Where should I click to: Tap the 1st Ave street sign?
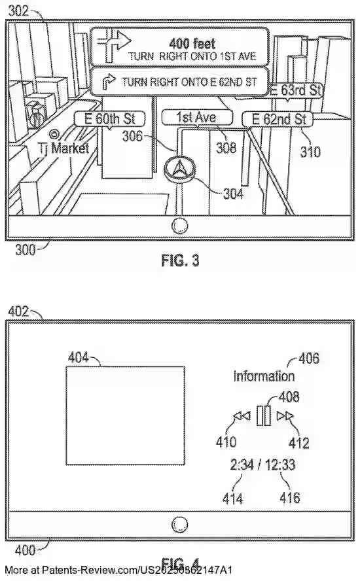pyautogui.click(x=196, y=118)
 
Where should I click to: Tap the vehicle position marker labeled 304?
pyautogui.click(x=179, y=169)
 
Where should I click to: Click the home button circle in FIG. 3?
pyautogui.click(x=180, y=226)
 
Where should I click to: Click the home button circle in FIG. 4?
pyautogui.click(x=180, y=524)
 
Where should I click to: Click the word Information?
pyautogui.click(x=264, y=376)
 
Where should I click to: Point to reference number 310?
pyautogui.click(x=310, y=152)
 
